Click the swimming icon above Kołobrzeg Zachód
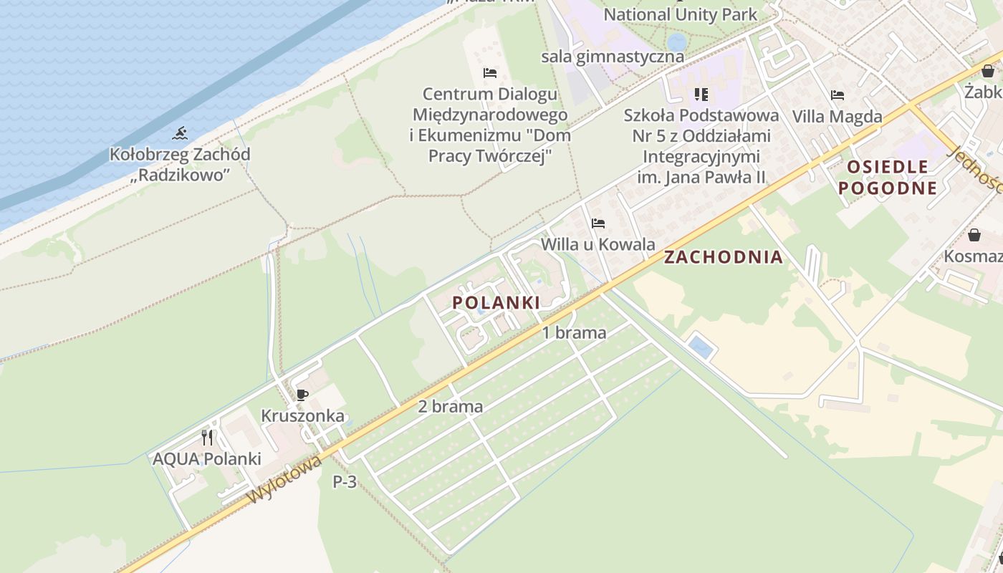180,133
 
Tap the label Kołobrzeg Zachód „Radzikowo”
180,164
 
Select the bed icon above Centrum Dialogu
490,73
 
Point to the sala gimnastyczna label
613,56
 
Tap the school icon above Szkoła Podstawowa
701,94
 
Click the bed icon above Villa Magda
837,95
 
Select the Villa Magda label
837,116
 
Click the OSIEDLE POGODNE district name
888,178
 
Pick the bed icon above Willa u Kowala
598,223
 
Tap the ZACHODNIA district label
724,257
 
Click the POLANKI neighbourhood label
496,302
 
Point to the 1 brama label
574,332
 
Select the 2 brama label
451,406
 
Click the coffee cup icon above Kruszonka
302,395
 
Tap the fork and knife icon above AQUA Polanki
207,437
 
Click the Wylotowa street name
284,481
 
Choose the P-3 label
345,482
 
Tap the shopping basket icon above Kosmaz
974,235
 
